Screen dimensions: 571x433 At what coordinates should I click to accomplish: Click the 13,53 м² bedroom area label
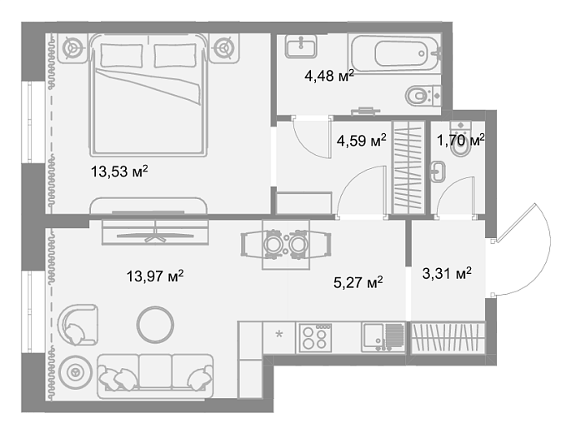(x=119, y=171)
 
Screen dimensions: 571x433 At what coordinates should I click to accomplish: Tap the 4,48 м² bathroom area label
(x=329, y=76)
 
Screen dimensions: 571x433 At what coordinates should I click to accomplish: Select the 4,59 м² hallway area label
(x=362, y=141)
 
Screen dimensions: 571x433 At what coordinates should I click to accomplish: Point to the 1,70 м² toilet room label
(x=461, y=140)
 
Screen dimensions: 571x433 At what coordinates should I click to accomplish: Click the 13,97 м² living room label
(x=155, y=276)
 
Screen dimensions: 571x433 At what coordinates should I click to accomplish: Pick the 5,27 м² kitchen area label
(x=358, y=282)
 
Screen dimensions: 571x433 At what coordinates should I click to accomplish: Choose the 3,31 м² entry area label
(x=447, y=273)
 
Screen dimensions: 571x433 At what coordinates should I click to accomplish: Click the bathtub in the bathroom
(x=395, y=54)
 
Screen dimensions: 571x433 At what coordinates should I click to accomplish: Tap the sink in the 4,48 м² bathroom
(x=301, y=47)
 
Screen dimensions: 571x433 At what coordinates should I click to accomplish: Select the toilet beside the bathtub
(x=423, y=96)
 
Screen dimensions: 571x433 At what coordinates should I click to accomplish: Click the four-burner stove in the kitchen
(x=315, y=338)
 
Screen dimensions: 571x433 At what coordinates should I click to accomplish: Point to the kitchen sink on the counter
(x=383, y=337)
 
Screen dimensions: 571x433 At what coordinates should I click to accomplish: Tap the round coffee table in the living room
(x=155, y=325)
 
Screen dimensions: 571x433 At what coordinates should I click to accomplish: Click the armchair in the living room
(x=78, y=325)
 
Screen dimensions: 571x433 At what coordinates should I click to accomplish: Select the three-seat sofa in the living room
(x=155, y=376)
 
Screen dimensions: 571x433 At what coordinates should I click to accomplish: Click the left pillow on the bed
(x=121, y=56)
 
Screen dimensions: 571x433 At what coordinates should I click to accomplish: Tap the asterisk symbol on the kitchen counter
(x=279, y=334)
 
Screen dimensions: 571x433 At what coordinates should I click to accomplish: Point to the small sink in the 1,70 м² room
(x=438, y=171)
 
